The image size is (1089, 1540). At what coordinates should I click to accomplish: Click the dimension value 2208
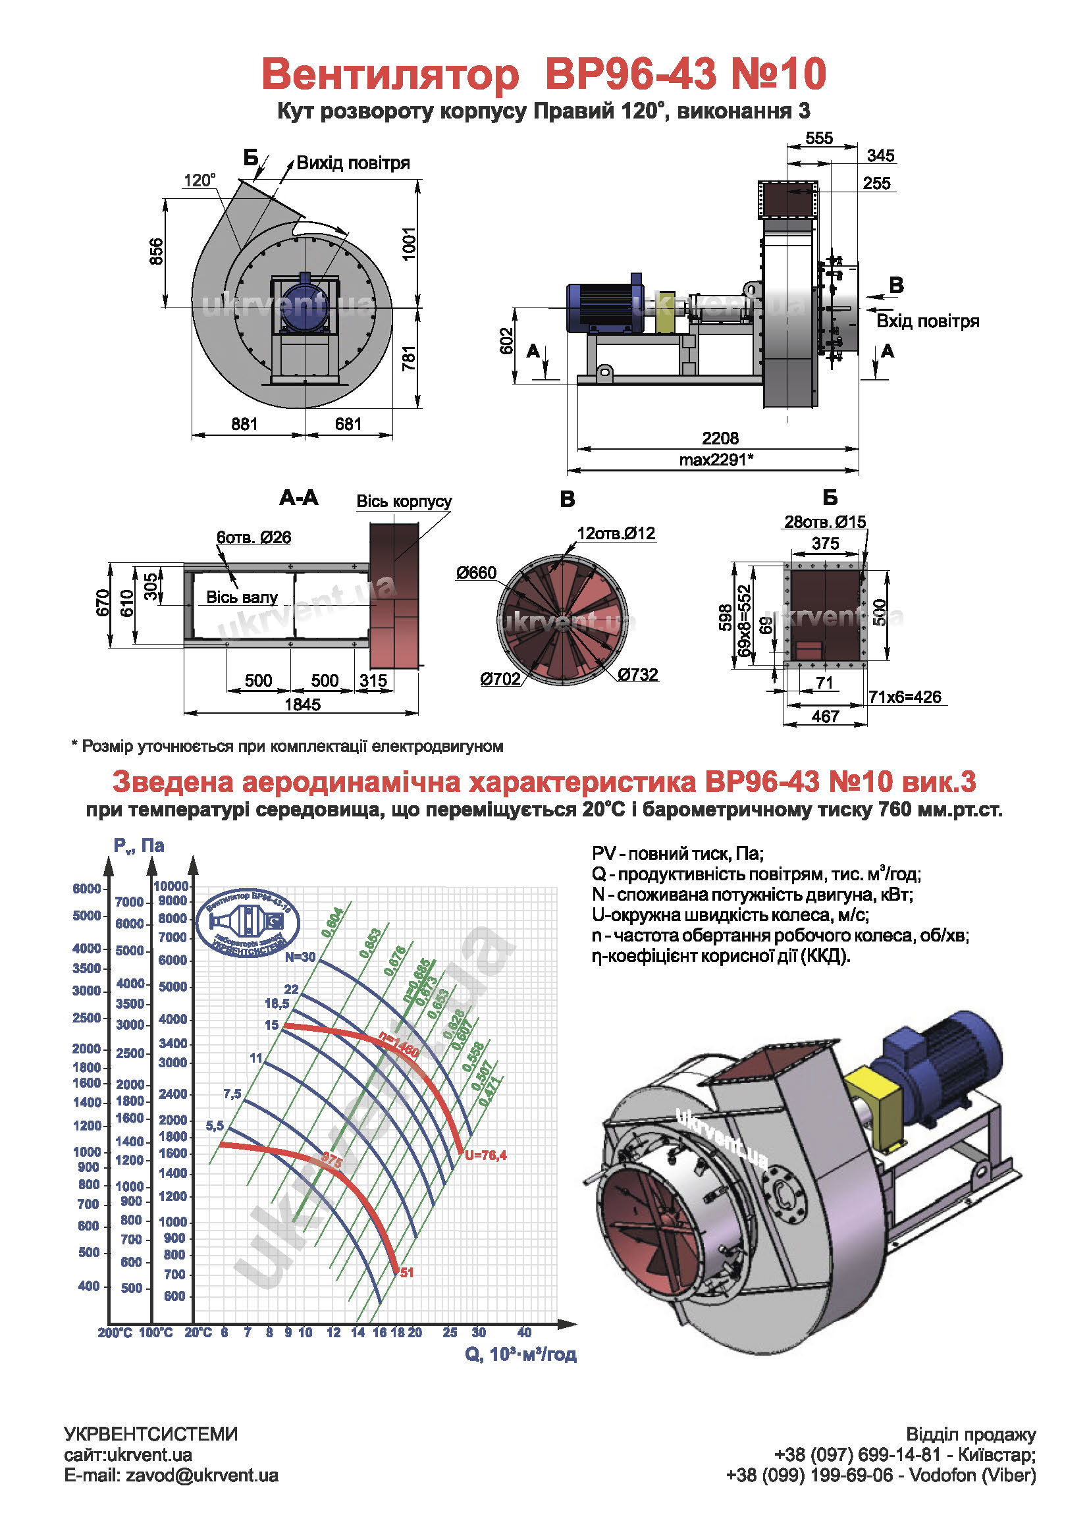click(720, 438)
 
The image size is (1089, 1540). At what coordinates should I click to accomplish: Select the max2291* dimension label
click(716, 460)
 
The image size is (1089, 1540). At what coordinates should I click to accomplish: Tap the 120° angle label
click(199, 180)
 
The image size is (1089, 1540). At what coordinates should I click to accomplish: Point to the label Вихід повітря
click(353, 163)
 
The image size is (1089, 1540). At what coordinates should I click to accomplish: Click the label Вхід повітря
click(928, 321)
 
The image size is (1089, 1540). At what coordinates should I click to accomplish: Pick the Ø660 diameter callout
click(476, 573)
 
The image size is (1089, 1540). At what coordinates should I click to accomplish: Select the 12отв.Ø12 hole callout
click(616, 533)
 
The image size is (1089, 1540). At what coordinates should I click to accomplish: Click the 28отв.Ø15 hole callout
click(825, 522)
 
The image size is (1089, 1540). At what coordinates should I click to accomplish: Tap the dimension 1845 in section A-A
click(302, 704)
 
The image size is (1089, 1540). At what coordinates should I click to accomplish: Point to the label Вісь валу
click(242, 598)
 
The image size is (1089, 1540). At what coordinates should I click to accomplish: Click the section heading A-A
click(299, 498)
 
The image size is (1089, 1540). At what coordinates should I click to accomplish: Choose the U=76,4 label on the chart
click(485, 1155)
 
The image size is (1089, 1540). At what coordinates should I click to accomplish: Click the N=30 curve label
click(300, 957)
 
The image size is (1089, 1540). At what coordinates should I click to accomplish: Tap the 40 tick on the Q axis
click(524, 1333)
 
